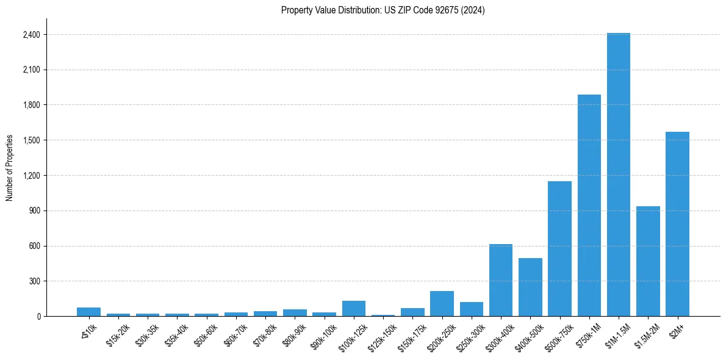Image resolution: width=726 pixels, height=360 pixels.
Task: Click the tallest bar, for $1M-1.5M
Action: click(618, 175)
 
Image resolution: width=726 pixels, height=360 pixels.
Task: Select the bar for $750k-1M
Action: click(589, 205)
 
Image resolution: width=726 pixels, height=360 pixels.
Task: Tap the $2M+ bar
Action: click(677, 224)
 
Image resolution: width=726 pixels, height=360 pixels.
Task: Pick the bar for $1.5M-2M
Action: click(648, 261)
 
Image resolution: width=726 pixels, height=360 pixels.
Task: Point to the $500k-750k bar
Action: click(559, 248)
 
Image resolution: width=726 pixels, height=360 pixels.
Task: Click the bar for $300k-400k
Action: click(500, 280)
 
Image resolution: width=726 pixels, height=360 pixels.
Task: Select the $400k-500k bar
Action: click(530, 287)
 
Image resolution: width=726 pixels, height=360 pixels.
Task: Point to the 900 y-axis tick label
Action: click(34, 211)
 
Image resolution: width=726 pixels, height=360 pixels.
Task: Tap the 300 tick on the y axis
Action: click(34, 281)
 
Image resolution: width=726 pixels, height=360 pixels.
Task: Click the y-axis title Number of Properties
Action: click(10, 168)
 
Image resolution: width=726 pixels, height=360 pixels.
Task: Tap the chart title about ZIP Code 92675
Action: click(383, 10)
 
